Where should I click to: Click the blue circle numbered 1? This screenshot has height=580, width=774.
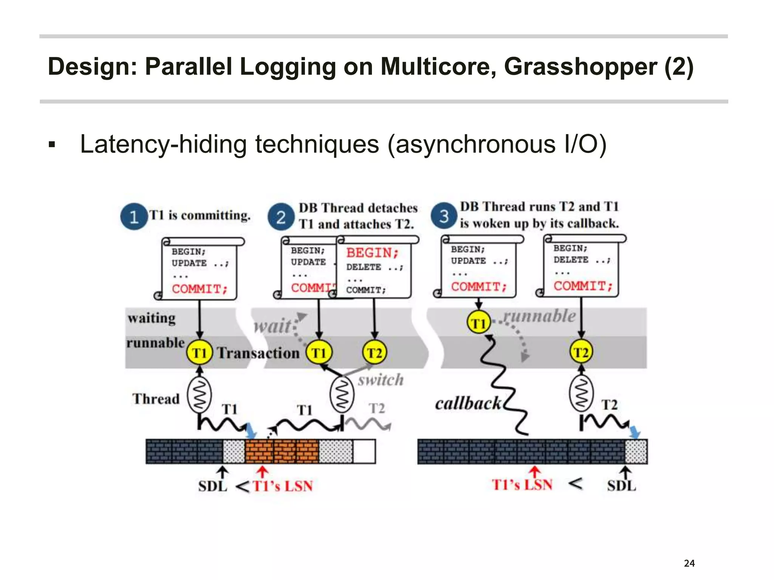click(x=134, y=217)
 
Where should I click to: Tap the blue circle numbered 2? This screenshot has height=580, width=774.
click(x=280, y=217)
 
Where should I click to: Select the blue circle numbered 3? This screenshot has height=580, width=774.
click(x=444, y=216)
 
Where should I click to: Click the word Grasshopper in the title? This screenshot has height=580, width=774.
click(x=580, y=67)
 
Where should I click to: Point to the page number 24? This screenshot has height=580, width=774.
click(x=689, y=563)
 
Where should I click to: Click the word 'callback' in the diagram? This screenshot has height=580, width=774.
click(x=468, y=404)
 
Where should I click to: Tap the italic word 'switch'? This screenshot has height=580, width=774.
click(x=381, y=380)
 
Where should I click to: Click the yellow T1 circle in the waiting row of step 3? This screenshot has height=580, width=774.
click(x=478, y=323)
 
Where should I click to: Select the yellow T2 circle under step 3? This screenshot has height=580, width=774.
click(x=581, y=352)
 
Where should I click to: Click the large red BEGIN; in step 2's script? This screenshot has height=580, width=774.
click(x=372, y=253)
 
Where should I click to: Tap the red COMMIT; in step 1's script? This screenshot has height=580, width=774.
click(x=200, y=289)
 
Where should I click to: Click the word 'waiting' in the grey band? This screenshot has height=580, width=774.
click(x=152, y=318)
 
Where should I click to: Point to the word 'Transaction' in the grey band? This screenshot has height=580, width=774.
click(x=258, y=353)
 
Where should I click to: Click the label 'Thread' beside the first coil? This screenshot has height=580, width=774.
click(x=156, y=399)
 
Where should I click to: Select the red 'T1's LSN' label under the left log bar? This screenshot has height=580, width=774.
click(x=283, y=486)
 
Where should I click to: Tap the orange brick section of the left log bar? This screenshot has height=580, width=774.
click(x=282, y=451)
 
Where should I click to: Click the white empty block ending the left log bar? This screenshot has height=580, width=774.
click(x=364, y=451)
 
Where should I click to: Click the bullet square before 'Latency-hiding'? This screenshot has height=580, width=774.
click(x=52, y=145)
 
